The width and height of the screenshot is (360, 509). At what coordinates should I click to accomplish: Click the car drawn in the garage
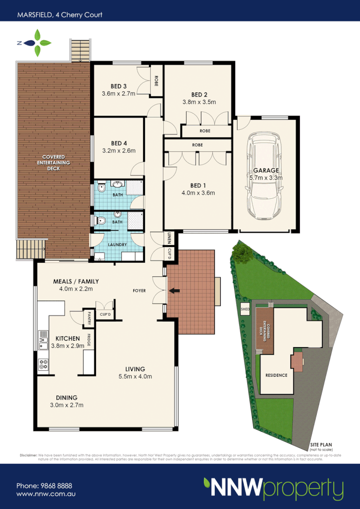click(x=266, y=179)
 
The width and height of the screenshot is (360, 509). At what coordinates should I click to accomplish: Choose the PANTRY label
click(x=90, y=318)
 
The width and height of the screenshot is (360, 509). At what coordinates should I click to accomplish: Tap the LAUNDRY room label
click(x=117, y=245)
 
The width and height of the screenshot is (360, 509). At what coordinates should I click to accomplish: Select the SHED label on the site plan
click(x=245, y=308)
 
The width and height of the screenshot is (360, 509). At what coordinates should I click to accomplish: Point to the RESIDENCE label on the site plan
click(x=276, y=375)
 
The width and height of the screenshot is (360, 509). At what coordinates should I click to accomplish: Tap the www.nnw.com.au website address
click(x=46, y=495)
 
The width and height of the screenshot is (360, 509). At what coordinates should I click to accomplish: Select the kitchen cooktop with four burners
click(x=43, y=364)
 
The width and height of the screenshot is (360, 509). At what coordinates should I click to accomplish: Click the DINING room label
click(x=66, y=397)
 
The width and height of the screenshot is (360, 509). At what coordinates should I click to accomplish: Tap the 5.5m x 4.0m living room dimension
click(x=135, y=376)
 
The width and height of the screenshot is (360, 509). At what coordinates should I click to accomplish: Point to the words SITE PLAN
click(x=321, y=444)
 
